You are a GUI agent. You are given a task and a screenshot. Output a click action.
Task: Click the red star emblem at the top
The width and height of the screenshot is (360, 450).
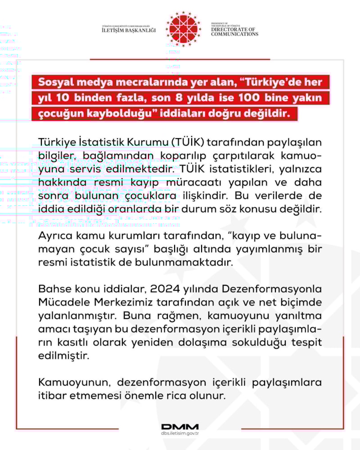pos(183,29)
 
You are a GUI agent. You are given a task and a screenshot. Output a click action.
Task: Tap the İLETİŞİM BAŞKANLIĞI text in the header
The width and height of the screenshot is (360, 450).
pos(129,30)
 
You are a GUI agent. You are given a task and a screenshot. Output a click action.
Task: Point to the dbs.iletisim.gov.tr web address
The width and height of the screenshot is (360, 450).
pos(180,434)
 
